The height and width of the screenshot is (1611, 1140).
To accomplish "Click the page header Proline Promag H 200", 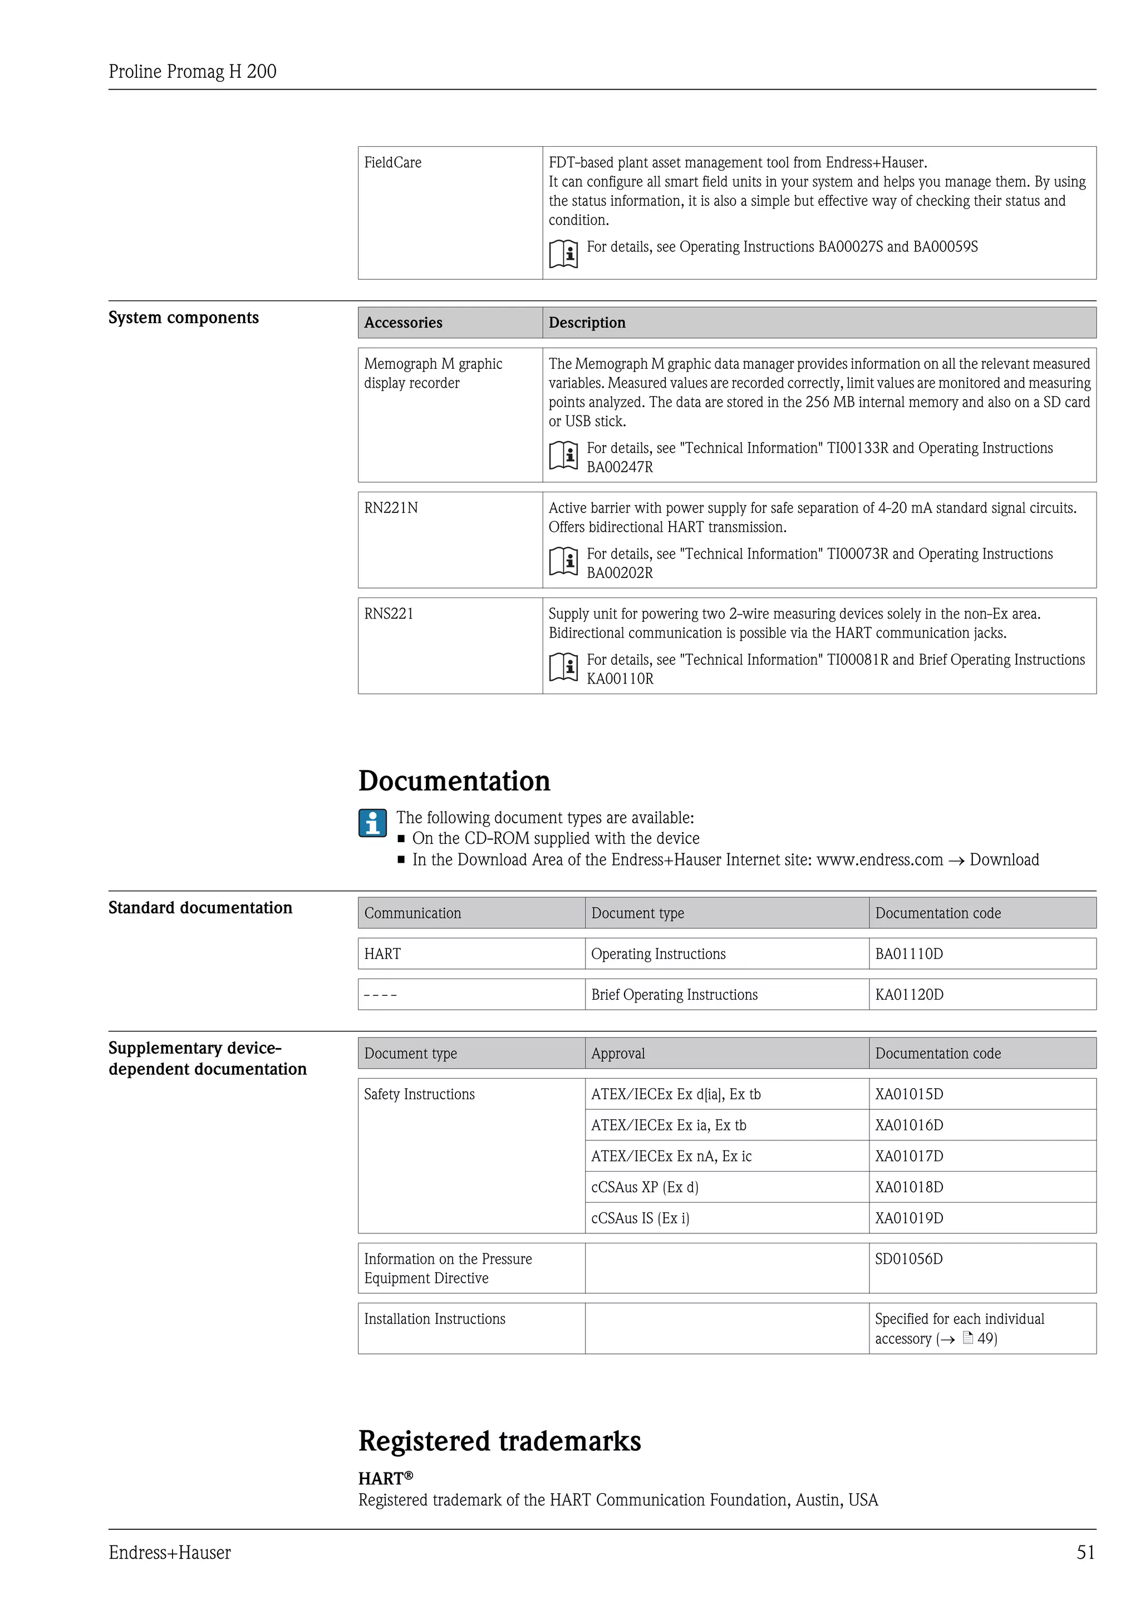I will point(193,72).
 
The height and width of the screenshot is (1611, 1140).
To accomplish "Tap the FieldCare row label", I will point(392,163).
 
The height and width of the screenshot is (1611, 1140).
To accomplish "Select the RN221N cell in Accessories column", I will point(390,508).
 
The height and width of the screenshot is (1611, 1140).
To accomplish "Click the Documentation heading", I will point(454,781).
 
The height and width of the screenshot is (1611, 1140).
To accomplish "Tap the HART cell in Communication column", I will point(382,954).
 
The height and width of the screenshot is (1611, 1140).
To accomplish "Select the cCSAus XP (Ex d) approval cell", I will point(645,1187).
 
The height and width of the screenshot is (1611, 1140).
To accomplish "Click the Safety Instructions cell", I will point(419,1095).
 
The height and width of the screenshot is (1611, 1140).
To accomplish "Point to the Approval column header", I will point(618,1054).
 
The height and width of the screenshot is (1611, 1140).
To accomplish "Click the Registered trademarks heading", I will point(499,1441).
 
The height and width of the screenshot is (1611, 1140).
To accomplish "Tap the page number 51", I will point(1085,1553).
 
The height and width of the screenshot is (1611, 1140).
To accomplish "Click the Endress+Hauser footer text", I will point(170,1553).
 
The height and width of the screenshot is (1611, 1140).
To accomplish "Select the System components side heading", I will point(183,318).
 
